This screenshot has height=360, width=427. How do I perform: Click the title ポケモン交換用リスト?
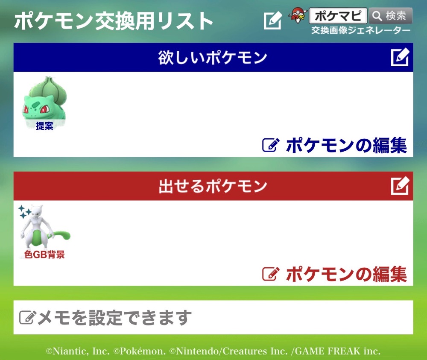pos(114,21)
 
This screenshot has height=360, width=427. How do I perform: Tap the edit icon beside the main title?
pos(273,20)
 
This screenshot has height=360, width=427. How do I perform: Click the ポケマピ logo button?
pos(338,16)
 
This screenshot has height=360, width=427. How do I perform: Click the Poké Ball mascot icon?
pos(298,15)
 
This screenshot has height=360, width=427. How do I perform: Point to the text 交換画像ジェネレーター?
pos(361,30)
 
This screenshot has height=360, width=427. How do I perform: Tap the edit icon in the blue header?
pos(400,57)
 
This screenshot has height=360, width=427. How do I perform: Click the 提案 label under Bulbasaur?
pos(45,126)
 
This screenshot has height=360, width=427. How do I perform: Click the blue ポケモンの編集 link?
pos(335,145)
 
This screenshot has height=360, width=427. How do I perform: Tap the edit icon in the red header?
pos(400,186)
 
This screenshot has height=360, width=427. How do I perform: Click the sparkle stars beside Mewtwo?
pos(24,212)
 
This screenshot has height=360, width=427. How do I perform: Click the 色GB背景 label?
pos(45,255)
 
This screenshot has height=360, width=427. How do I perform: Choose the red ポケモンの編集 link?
pos(335,274)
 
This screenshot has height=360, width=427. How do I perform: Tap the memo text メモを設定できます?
pos(114,318)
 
